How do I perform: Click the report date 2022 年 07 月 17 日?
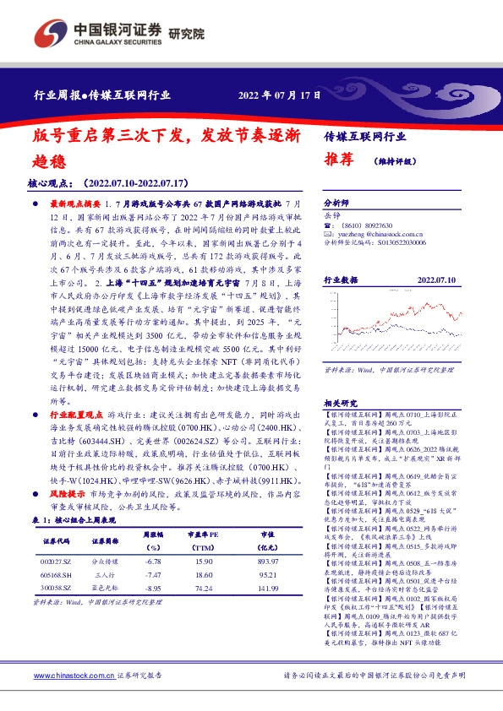[x=280, y=95]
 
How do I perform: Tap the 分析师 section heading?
[x=336, y=204]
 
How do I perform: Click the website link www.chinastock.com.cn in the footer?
[x=73, y=676]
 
